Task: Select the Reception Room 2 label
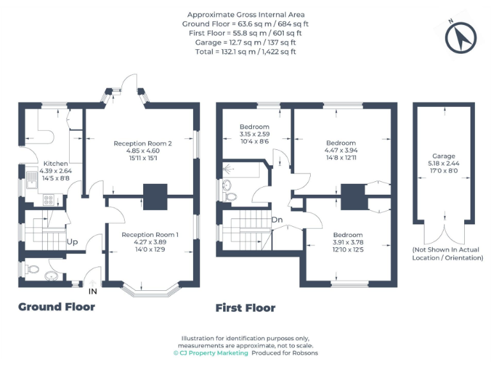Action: pyautogui.click(x=143, y=143)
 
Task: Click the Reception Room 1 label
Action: pyautogui.click(x=150, y=234)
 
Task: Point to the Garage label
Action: pyautogui.click(x=443, y=156)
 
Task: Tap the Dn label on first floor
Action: pyautogui.click(x=277, y=220)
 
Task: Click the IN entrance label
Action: pyautogui.click(x=93, y=291)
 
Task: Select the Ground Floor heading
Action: pyautogui.click(x=56, y=307)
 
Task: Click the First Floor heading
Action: pyautogui.click(x=245, y=308)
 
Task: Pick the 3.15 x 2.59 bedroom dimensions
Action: pyautogui.click(x=254, y=135)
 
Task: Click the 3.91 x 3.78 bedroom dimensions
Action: pyautogui.click(x=347, y=243)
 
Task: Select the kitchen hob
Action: pyautogui.click(x=49, y=200)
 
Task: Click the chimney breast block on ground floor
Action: pyautogui.click(x=155, y=197)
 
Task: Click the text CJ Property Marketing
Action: pyautogui.click(x=210, y=353)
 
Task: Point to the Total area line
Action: pyautogui.click(x=246, y=51)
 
